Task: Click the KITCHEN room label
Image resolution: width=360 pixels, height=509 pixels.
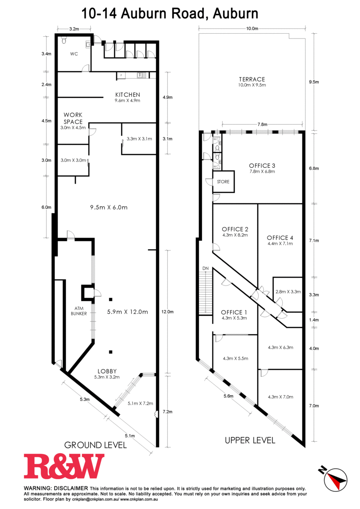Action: pos(128,95)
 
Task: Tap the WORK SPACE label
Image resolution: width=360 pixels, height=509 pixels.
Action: pos(73,118)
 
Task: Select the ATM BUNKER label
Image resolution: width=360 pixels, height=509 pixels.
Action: pos(79,311)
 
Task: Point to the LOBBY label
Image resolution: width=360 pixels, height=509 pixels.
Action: pos(107,371)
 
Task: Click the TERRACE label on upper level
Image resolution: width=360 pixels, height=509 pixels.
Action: pos(252,79)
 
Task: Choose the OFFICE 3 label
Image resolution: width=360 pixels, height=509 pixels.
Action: pos(262,166)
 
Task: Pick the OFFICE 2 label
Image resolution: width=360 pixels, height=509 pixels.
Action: pos(235,229)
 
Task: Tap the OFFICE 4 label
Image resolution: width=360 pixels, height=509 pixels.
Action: pos(280,238)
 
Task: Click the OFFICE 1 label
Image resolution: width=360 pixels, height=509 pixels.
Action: pos(234,312)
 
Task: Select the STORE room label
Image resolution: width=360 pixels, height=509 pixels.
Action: pos(223,182)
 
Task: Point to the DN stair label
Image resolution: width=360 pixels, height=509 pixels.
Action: pos(205,269)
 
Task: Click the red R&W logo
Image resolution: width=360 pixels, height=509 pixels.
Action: pos(64,466)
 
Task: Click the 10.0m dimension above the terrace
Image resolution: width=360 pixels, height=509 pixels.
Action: pos(252,29)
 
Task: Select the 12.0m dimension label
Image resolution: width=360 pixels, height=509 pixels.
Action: pos(167,312)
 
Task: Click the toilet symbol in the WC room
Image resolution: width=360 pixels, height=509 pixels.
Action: pos(64,41)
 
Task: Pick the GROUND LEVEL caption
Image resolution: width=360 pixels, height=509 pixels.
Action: pos(96,445)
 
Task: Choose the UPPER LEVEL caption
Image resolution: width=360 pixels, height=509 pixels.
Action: pos(250,440)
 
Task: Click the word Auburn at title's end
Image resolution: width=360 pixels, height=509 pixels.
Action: pos(236,14)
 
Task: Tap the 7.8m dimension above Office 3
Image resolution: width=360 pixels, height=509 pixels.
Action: pos(262,124)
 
